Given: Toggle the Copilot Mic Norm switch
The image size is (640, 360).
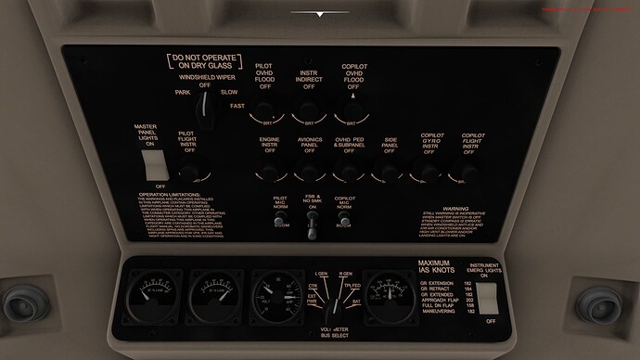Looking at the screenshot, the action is [x=345, y=221].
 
